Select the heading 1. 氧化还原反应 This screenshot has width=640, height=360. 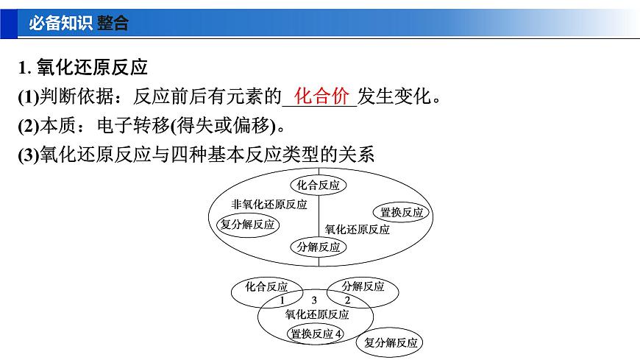(83, 68)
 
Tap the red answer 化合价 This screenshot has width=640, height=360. (321, 96)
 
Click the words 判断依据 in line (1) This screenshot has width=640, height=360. (73, 97)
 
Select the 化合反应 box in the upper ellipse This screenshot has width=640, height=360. (319, 186)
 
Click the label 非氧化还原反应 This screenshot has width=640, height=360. (269, 205)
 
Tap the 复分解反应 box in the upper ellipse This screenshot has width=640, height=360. (247, 225)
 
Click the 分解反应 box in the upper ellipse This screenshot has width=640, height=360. (319, 247)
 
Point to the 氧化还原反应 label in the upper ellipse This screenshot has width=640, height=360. (358, 230)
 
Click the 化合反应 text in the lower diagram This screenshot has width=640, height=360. (267, 286)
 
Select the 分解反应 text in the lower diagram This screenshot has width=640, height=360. (363, 286)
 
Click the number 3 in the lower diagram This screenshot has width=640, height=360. (314, 300)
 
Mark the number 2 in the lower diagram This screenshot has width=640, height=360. (348, 301)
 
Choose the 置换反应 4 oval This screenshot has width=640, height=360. (316, 333)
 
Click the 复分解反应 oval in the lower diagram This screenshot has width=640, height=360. (391, 342)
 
